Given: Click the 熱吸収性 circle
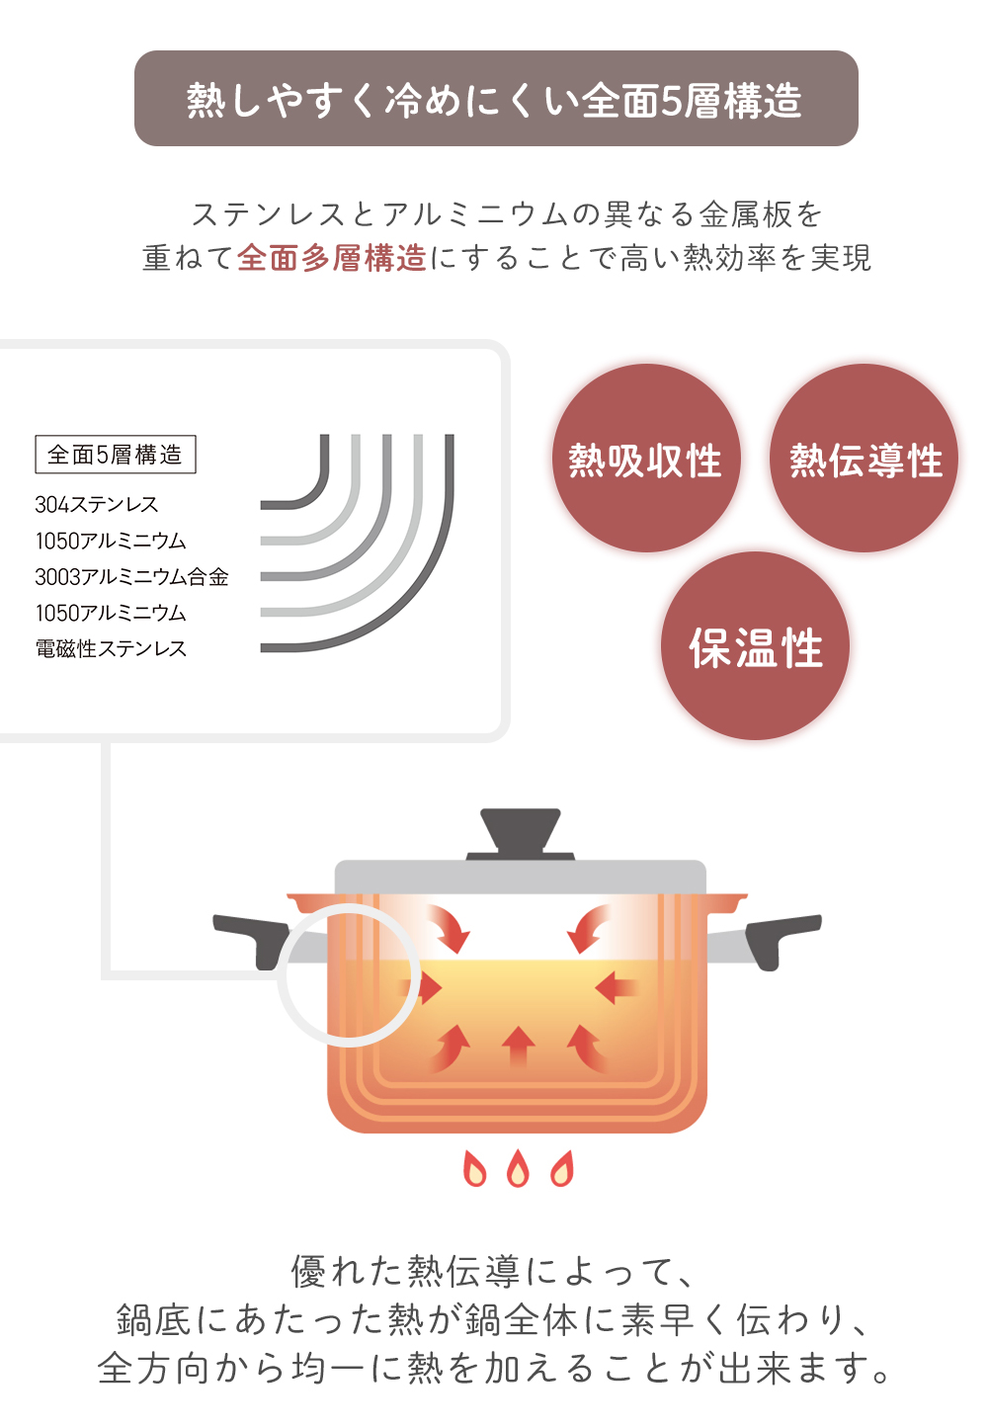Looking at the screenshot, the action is (x=646, y=458).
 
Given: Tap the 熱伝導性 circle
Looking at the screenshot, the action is (x=864, y=458).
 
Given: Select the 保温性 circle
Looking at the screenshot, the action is (x=755, y=645).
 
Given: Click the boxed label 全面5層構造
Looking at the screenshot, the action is (x=116, y=455).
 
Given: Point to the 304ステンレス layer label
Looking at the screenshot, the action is (x=96, y=504).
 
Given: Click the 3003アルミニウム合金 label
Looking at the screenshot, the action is (x=131, y=577).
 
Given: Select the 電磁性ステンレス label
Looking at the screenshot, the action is (x=111, y=648).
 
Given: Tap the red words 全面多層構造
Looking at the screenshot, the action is (x=331, y=258).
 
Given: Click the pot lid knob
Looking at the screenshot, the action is (x=520, y=834).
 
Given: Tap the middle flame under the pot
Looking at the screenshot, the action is (x=518, y=1168).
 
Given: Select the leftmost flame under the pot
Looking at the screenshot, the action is (x=475, y=1168).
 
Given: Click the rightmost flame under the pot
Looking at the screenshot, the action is (x=562, y=1168).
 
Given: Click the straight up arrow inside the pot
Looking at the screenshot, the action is (x=518, y=1047).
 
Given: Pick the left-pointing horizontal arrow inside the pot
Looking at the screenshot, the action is (x=616, y=987).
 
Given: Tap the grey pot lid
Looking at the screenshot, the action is (x=520, y=878).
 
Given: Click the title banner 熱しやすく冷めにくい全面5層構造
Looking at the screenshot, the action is (x=496, y=99).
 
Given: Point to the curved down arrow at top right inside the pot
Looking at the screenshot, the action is (x=588, y=929).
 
